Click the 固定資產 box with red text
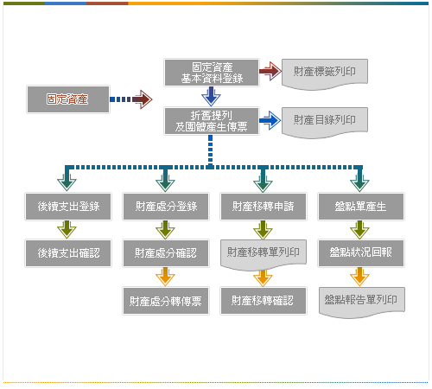(x=68, y=99)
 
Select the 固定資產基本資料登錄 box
(x=212, y=73)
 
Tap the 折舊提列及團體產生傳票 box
(x=212, y=121)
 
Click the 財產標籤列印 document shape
(x=325, y=73)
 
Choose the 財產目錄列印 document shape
(x=325, y=122)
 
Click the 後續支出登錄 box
(x=68, y=207)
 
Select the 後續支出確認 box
(x=68, y=253)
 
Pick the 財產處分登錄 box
(x=166, y=207)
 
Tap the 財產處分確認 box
(x=166, y=253)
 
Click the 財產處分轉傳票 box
(x=166, y=301)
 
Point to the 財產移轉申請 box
(x=264, y=207)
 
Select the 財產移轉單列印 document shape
(x=264, y=254)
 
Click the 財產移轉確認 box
(x=264, y=301)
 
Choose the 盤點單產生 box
(x=361, y=207)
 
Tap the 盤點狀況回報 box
(x=361, y=253)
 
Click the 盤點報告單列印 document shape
(x=362, y=302)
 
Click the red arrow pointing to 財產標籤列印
(x=270, y=71)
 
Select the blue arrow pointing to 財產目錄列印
(x=270, y=120)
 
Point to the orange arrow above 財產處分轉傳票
(x=165, y=277)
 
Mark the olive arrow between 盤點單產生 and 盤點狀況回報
(x=359, y=230)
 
